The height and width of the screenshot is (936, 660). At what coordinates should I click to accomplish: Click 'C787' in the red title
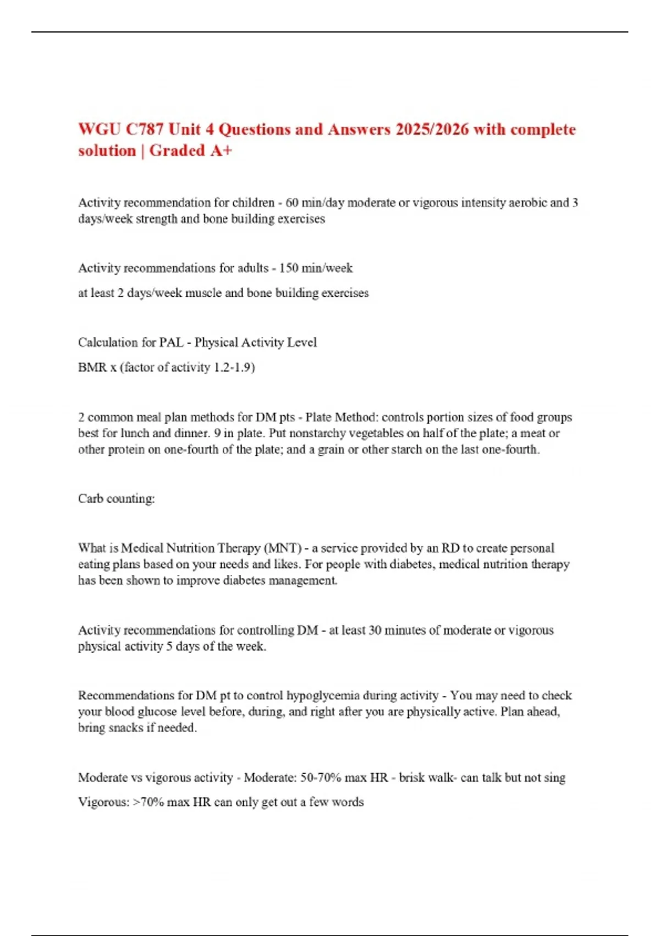(144, 129)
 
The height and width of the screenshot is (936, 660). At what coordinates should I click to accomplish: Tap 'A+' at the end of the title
(220, 151)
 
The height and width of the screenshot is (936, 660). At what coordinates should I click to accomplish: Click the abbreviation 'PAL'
(171, 342)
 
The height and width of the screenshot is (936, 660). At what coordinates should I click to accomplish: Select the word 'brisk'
(413, 778)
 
